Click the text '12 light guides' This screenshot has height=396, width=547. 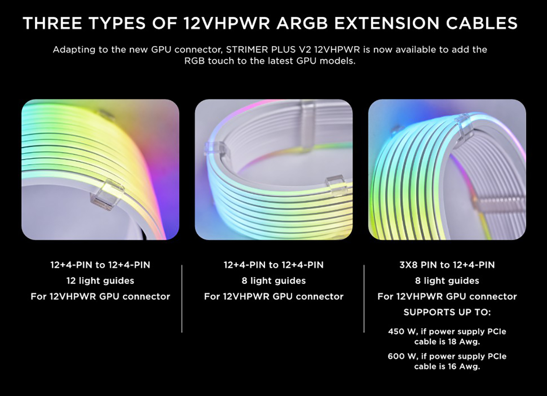click(100, 281)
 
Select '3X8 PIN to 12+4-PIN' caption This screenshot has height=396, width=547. click(447, 265)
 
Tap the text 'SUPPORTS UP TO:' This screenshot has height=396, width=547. click(447, 312)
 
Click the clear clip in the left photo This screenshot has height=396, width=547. click(106, 194)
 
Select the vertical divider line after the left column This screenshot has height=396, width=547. click(182, 298)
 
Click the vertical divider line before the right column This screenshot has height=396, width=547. click(364, 298)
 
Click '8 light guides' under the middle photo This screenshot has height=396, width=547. click(273, 281)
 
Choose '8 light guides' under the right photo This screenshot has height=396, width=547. click(447, 281)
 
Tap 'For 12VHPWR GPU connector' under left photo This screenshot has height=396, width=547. click(100, 296)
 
